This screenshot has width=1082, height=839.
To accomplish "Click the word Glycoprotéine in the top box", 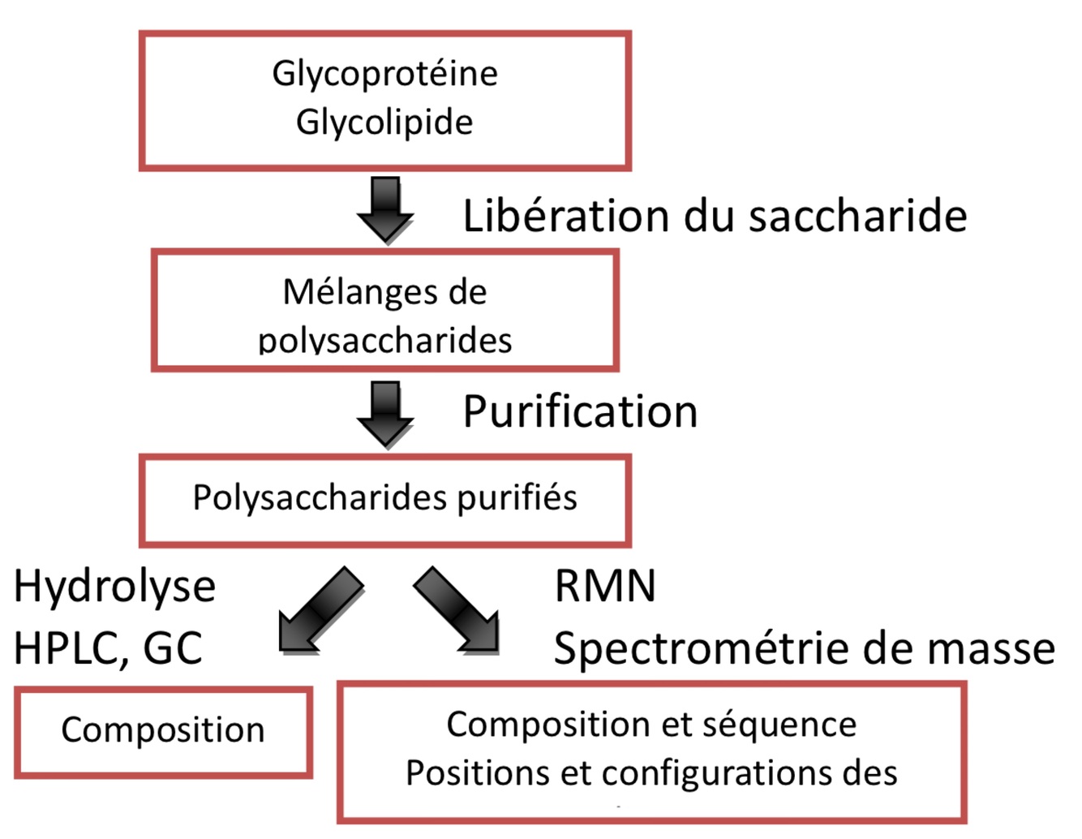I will pyautogui.click(x=384, y=74).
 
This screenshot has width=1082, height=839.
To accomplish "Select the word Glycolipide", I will pyautogui.click(x=384, y=123).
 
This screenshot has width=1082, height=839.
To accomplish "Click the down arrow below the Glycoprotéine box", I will pyautogui.click(x=385, y=209).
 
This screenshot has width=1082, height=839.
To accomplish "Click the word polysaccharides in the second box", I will pyautogui.click(x=384, y=341).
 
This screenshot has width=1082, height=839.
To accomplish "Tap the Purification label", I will pyautogui.click(x=580, y=411).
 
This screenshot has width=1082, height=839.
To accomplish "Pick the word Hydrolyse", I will pyautogui.click(x=114, y=587).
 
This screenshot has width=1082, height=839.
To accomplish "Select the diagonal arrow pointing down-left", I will pyautogui.click(x=318, y=611).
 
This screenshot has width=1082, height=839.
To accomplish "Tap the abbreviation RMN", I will pyautogui.click(x=605, y=586).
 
